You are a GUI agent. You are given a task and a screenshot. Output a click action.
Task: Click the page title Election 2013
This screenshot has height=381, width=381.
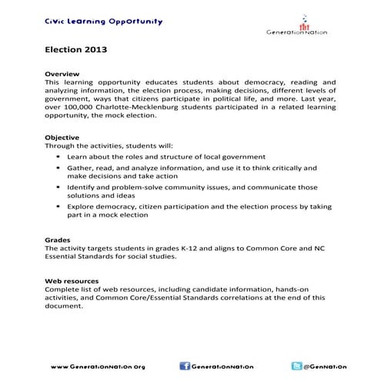[75, 52]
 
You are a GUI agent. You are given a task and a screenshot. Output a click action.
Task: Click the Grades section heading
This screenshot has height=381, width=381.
[59, 240]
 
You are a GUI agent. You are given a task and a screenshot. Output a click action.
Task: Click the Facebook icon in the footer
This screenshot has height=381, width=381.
[185, 366]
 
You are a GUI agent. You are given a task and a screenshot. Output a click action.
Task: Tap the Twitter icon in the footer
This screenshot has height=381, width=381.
[296, 366]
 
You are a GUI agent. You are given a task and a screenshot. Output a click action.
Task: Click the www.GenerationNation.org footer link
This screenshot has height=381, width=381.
[98, 366]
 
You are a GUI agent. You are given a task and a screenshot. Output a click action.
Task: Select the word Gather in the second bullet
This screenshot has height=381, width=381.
[81, 167]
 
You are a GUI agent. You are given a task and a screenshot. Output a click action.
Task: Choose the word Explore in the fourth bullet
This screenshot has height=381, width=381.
[82, 206]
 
